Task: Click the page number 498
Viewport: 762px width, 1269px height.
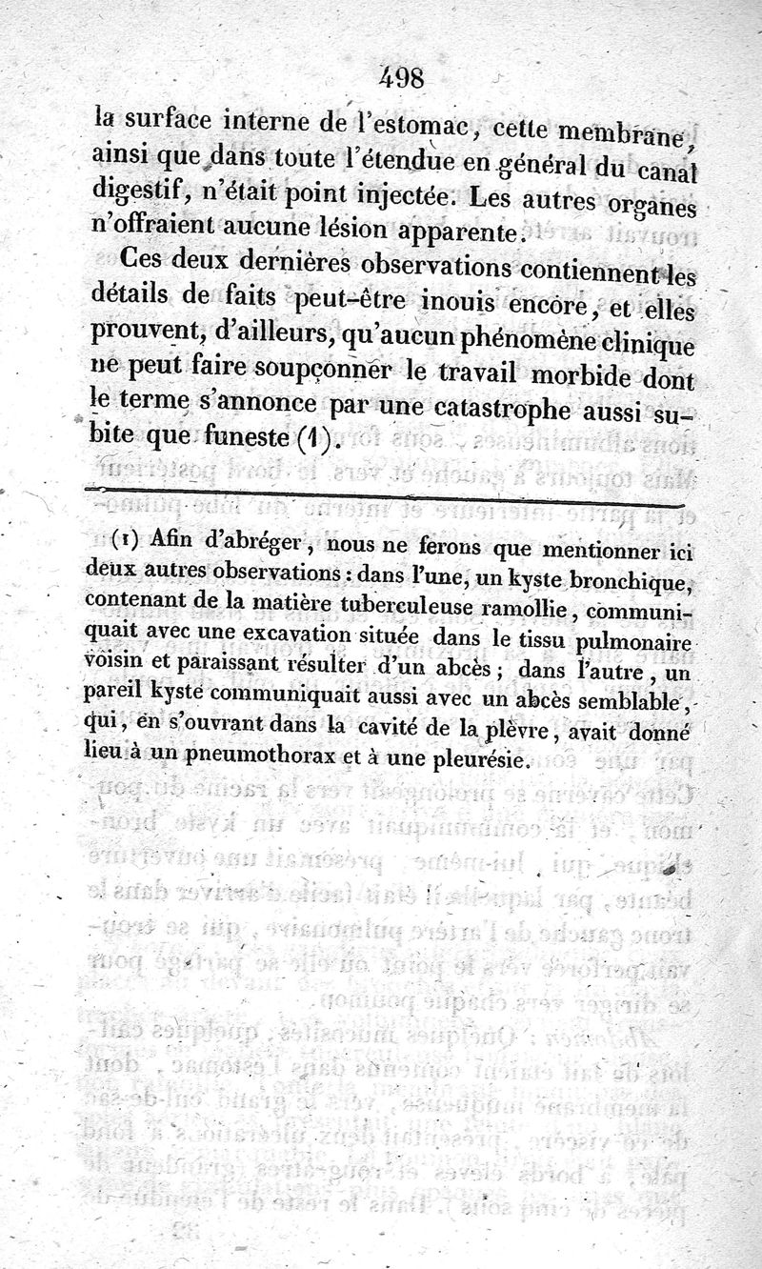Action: [401, 76]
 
